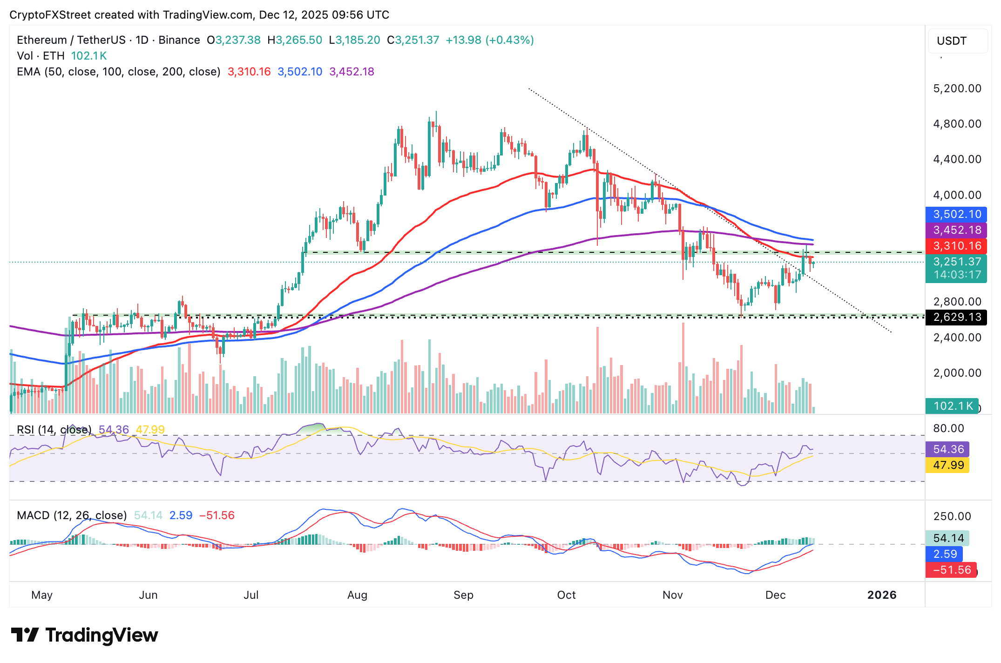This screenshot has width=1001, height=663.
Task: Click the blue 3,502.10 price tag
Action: click(956, 214)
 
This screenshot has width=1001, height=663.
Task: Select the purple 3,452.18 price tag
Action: click(956, 230)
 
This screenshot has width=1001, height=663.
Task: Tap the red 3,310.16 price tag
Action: click(956, 246)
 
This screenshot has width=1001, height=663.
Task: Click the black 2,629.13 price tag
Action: click(956, 317)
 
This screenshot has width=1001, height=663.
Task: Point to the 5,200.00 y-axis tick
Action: click(957, 88)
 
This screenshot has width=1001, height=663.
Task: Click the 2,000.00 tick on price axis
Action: click(957, 373)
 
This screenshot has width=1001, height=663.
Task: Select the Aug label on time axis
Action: click(357, 595)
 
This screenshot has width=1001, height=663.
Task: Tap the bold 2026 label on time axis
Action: click(881, 595)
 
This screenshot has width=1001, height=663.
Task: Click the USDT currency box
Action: click(952, 41)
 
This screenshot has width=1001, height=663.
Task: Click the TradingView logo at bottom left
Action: click(84, 635)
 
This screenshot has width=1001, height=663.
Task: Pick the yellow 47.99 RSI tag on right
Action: click(948, 465)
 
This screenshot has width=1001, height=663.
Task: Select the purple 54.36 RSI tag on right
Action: click(948, 449)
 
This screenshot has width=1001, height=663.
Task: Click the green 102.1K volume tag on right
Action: click(953, 406)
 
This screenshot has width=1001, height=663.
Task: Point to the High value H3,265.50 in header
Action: click(294, 40)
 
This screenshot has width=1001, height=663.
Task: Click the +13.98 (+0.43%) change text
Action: click(489, 40)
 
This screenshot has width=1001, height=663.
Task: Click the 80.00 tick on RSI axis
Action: click(948, 428)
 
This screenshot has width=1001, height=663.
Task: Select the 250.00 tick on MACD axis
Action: click(952, 516)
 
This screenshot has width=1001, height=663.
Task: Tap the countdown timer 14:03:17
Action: click(956, 275)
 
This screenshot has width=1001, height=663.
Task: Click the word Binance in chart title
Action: click(179, 40)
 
